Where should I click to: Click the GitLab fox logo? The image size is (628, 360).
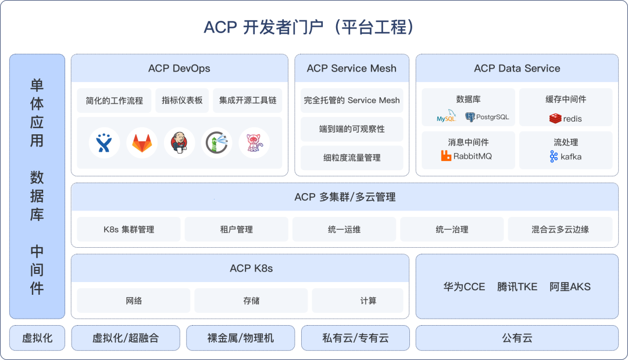[x=142, y=143]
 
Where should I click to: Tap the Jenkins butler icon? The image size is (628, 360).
[x=179, y=143]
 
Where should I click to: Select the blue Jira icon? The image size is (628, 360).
[x=104, y=143]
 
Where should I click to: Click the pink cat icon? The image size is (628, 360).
[x=254, y=143]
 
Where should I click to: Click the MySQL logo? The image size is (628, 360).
[x=447, y=117]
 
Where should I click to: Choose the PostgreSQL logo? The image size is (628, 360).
[x=487, y=117]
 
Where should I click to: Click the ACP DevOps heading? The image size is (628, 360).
[x=179, y=68]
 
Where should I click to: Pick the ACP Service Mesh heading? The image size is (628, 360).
[x=352, y=68]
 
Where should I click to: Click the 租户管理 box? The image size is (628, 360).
[x=237, y=229]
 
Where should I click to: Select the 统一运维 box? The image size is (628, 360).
[x=344, y=229]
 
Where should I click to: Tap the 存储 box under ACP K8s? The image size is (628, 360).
[x=251, y=301]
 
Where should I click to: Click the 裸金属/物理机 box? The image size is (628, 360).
[x=240, y=338]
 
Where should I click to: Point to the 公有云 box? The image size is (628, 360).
[x=517, y=338]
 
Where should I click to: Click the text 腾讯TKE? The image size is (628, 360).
[x=517, y=287]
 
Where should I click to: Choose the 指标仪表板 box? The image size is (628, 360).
[x=182, y=100]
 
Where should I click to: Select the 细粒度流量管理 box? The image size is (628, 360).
[x=352, y=158]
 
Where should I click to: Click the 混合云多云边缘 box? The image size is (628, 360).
[x=560, y=229]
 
